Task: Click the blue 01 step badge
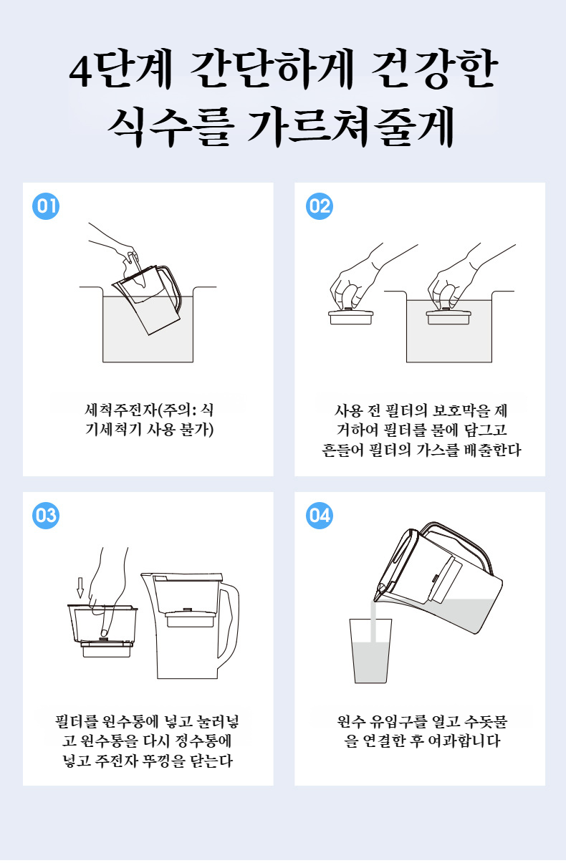[x=46, y=206]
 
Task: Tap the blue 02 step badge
[x=320, y=206]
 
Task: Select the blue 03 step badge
[x=46, y=516]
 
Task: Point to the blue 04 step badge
[x=320, y=516]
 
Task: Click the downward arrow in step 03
[x=80, y=587]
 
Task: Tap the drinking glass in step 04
[x=370, y=651]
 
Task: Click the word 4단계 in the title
[x=120, y=70]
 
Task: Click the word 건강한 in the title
[x=434, y=70]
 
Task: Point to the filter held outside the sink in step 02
[x=350, y=317]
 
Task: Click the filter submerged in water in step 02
[x=449, y=317]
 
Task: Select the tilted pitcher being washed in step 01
[x=148, y=299]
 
